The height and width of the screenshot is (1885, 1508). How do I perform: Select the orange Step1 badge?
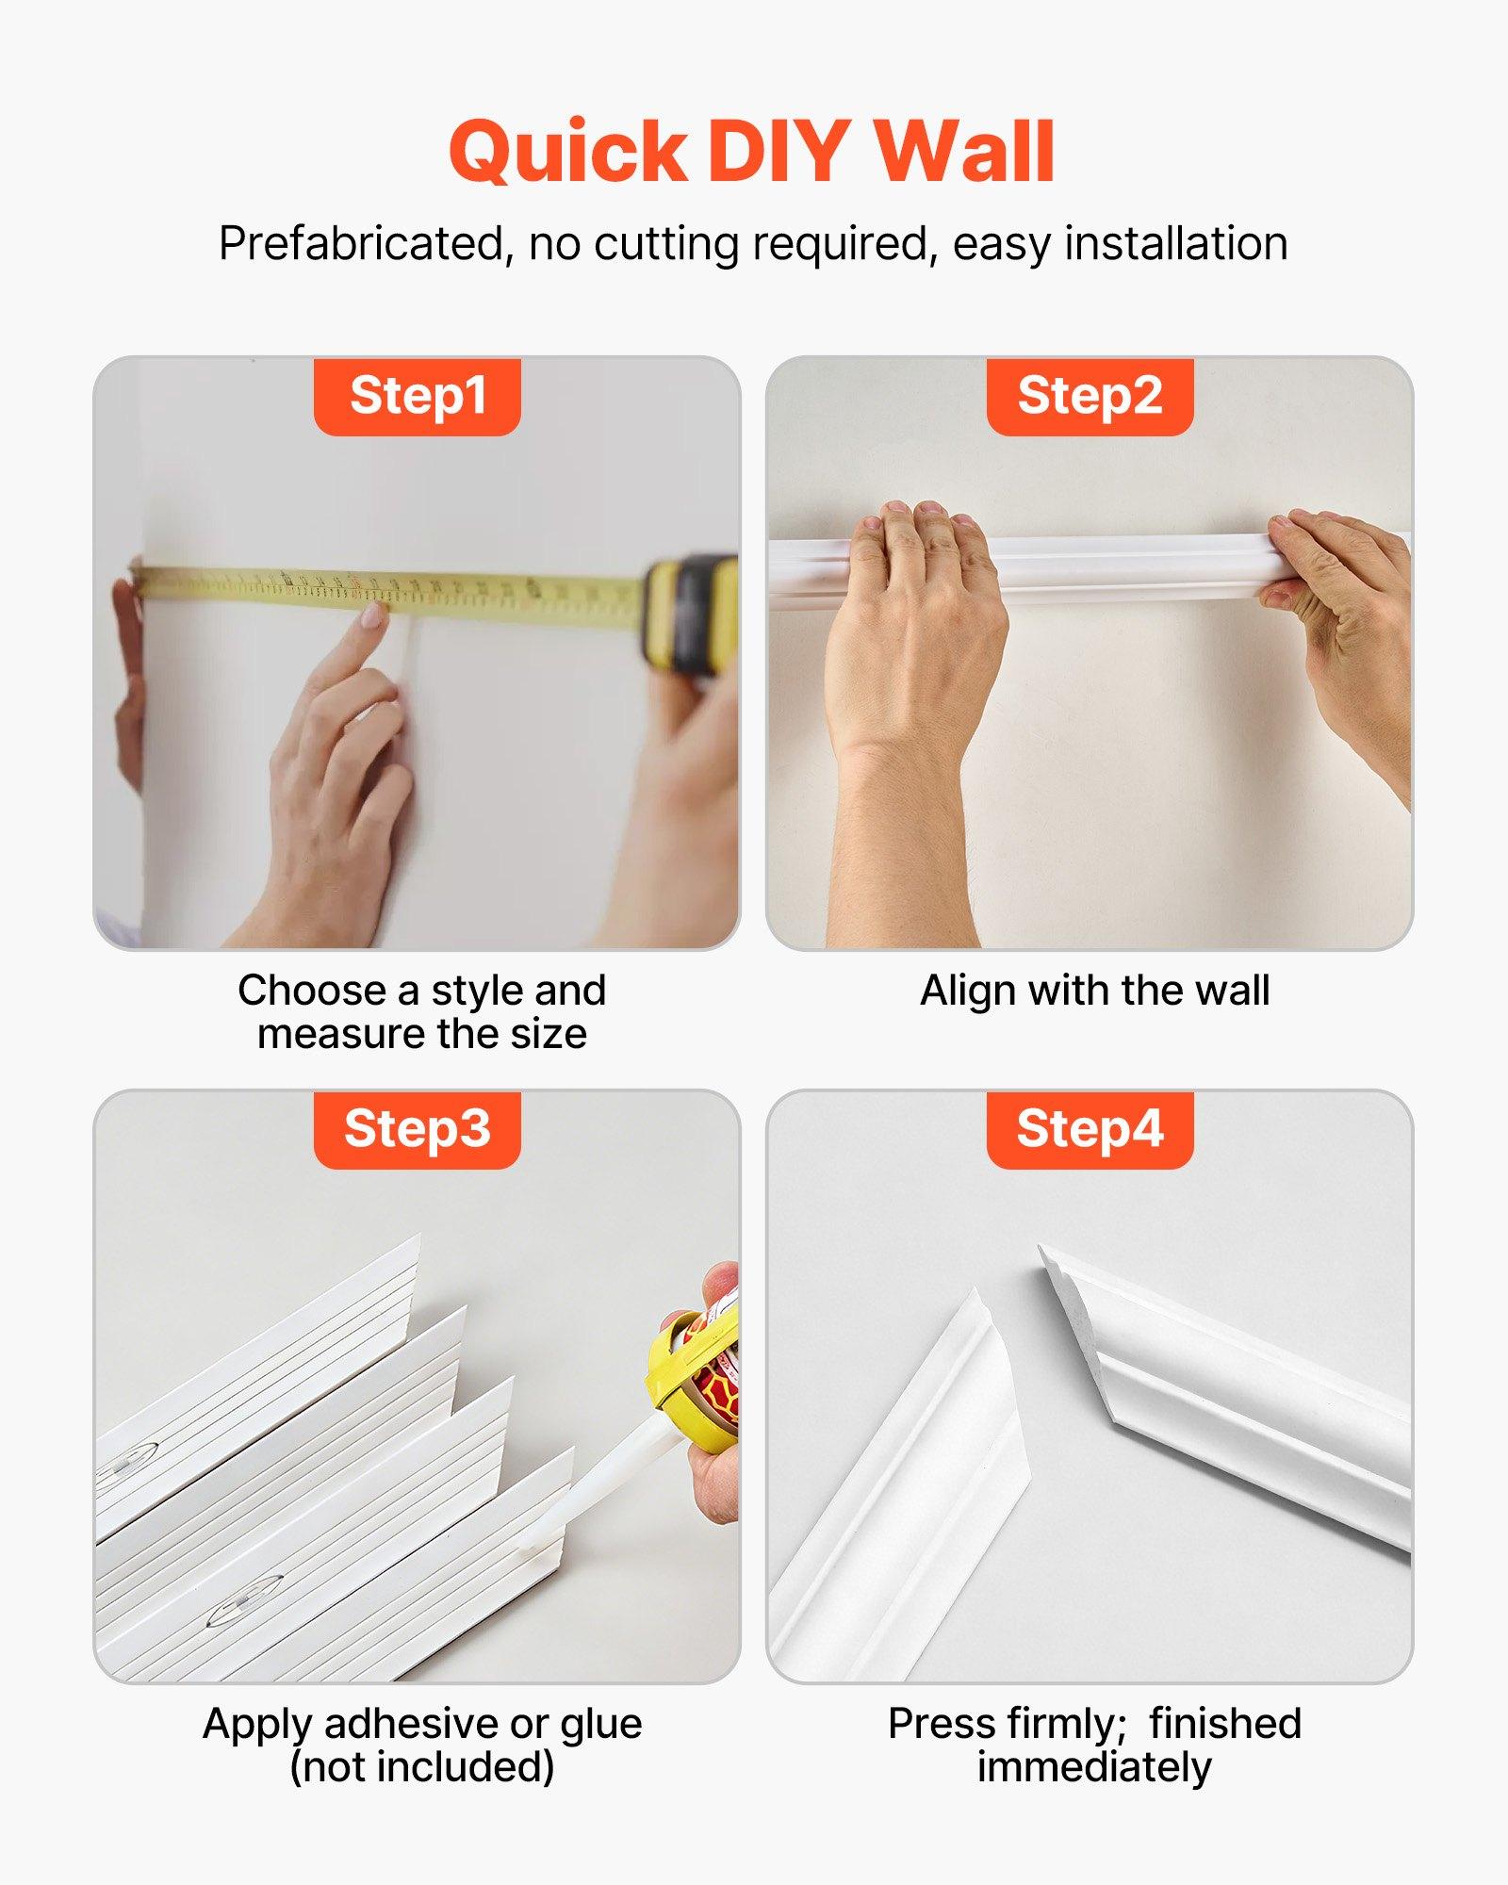pyautogui.click(x=417, y=396)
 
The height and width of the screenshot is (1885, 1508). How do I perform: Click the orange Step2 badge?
pyautogui.click(x=1090, y=396)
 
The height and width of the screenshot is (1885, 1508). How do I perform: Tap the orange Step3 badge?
pyautogui.click(x=417, y=1129)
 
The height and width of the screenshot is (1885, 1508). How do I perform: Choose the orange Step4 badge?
pyautogui.click(x=1090, y=1129)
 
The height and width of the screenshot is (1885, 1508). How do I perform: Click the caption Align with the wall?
pyautogui.click(x=1094, y=991)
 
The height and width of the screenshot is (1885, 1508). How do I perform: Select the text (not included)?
pyautogui.click(x=421, y=1767)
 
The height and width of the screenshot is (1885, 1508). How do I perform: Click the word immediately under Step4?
pyautogui.click(x=1093, y=1767)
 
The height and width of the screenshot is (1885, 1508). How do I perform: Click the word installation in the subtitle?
pyautogui.click(x=1175, y=244)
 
